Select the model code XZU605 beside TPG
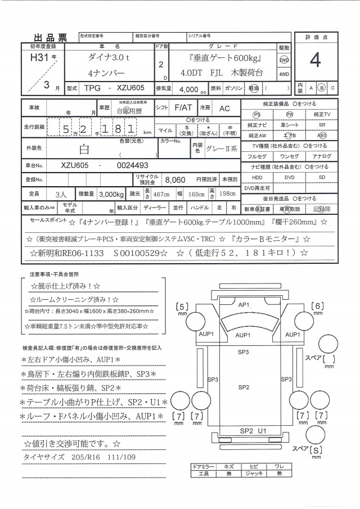click(130, 88)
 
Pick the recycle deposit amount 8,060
click(175, 179)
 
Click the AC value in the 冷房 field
click(224, 106)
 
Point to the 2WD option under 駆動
click(285, 60)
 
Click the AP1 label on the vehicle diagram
click(244, 304)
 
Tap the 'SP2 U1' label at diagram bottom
click(253, 430)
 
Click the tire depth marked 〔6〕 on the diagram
click(318, 307)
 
